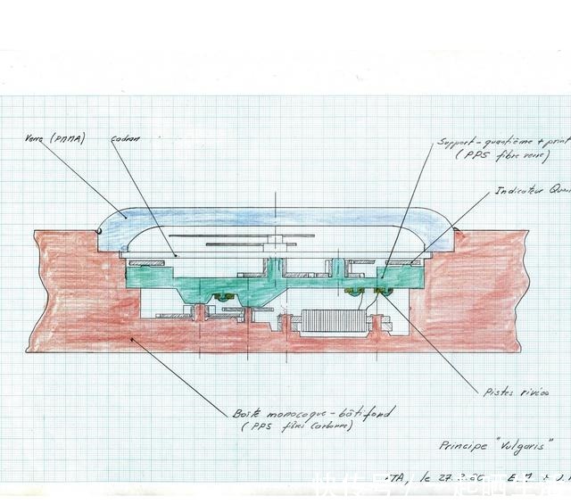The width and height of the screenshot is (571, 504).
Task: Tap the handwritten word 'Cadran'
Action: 128,140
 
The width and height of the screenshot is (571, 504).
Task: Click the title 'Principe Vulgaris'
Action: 495,443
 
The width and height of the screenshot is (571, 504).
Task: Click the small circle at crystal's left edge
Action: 98,231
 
